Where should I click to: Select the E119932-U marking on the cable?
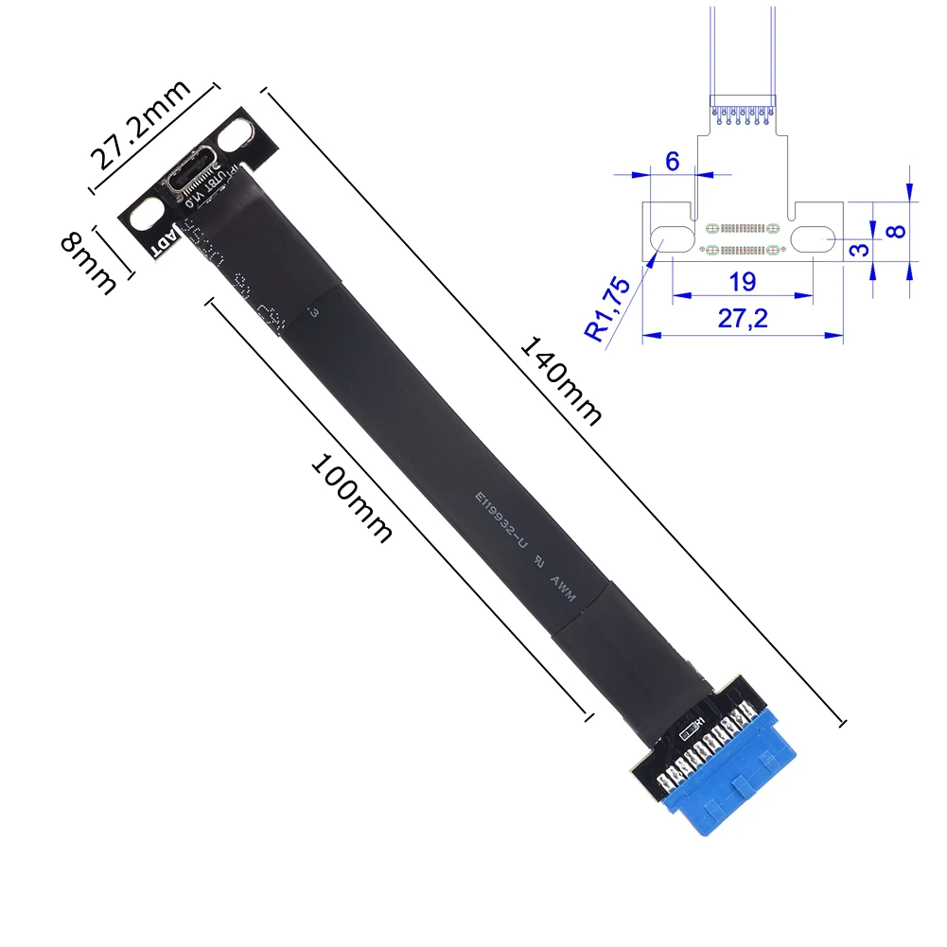[x=500, y=521]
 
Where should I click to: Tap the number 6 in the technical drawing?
[x=672, y=161]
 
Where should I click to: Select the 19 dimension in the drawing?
[x=742, y=282]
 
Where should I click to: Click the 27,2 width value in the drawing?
[x=744, y=321]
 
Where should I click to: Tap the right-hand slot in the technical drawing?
[x=813, y=237]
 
